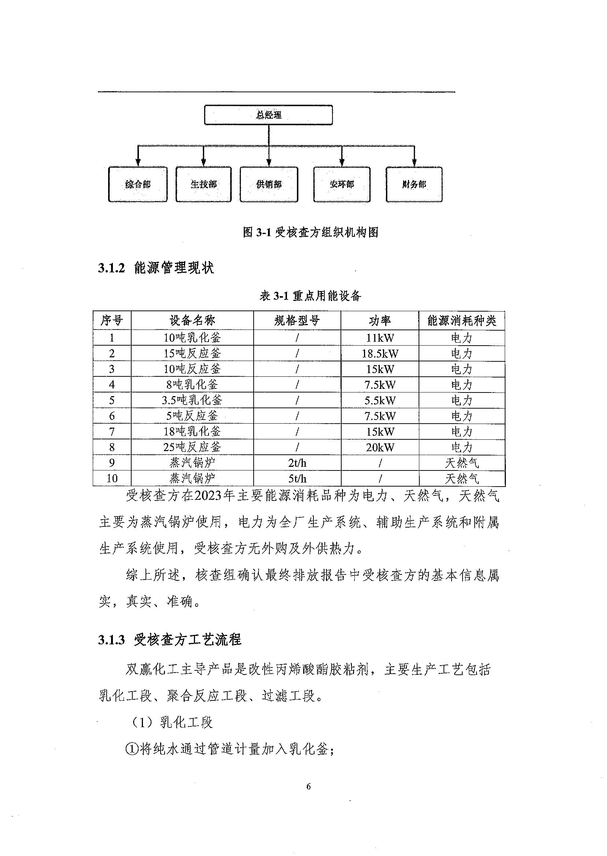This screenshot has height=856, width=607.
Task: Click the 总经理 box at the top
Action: coord(268,115)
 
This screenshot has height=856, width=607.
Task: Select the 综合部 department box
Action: coord(137,184)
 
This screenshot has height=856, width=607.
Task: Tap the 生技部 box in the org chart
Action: coord(203,184)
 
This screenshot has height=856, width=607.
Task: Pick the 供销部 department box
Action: coord(269,184)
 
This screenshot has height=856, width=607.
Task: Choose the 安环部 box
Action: coord(342,184)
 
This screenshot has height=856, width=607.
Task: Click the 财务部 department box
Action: coord(414,184)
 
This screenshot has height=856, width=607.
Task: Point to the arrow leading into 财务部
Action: coord(414,157)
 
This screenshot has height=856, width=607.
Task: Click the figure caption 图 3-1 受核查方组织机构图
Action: coord(310,232)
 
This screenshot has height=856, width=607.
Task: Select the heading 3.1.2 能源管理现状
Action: coord(156,268)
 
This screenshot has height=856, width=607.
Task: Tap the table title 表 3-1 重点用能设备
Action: coord(310,296)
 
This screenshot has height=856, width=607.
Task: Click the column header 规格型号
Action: coord(297,320)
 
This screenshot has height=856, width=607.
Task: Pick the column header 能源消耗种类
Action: coord(461,320)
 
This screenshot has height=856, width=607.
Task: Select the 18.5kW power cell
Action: coord(380,354)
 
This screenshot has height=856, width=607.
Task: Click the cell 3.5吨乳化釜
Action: coord(192,400)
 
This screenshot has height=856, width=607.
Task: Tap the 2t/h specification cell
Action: coord(297,463)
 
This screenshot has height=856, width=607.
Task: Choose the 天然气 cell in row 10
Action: coord(461,479)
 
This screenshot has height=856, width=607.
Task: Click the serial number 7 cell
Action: coord(112,432)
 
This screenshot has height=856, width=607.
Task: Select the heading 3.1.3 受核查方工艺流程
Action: coord(170,640)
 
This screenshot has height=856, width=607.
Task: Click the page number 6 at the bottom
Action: coord(308,786)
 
